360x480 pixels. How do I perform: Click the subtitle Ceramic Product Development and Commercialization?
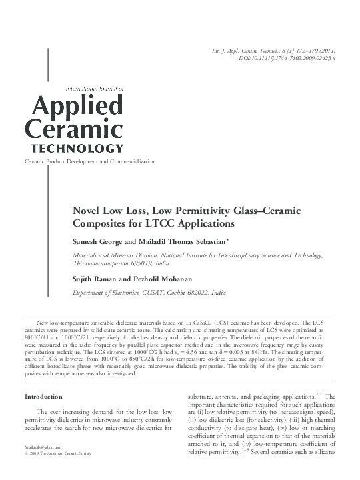89,162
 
